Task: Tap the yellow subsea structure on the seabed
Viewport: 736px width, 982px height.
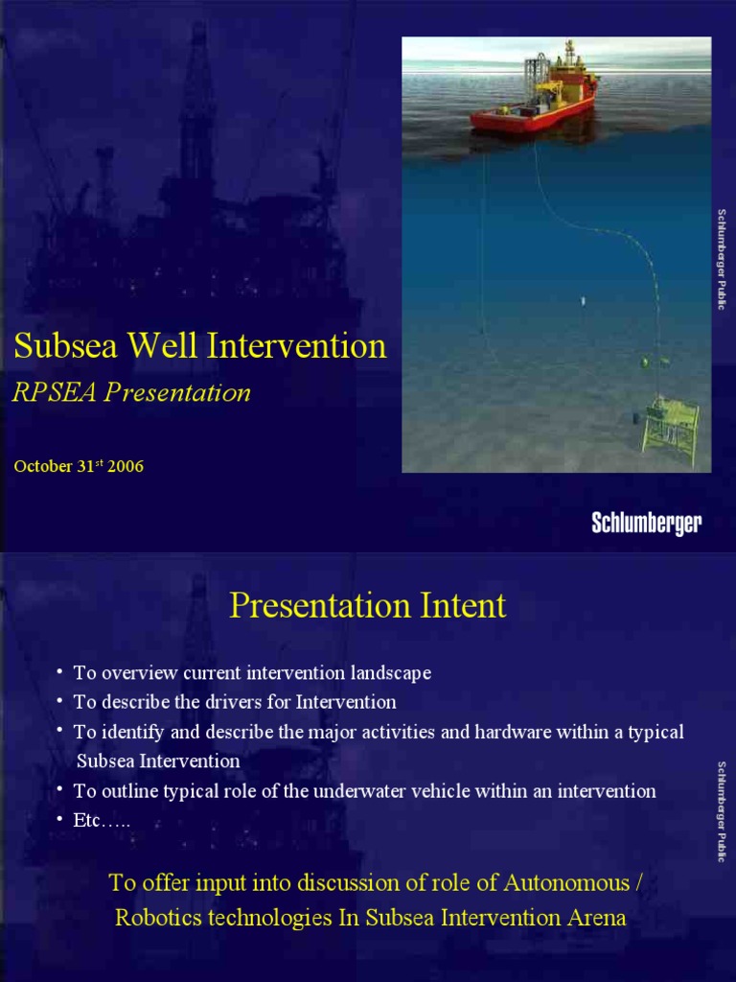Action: pyautogui.click(x=670, y=428)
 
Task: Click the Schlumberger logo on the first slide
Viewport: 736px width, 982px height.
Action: pyautogui.click(x=646, y=523)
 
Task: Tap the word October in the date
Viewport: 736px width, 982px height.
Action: pyautogui.click(x=43, y=467)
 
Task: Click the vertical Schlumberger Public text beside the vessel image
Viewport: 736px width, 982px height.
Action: pyautogui.click(x=722, y=259)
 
